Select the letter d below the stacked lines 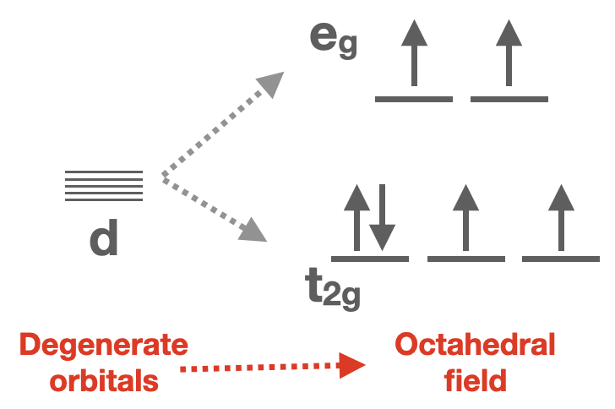(x=104, y=240)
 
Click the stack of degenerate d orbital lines (x=104, y=186)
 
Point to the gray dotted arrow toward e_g (x=222, y=124)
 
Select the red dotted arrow (x=273, y=367)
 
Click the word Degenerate (x=104, y=346)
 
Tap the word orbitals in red (x=104, y=379)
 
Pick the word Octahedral (x=476, y=346)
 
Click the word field (x=476, y=379)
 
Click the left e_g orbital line (x=413, y=100)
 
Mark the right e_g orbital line (x=509, y=100)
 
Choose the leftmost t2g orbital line (x=370, y=258)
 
